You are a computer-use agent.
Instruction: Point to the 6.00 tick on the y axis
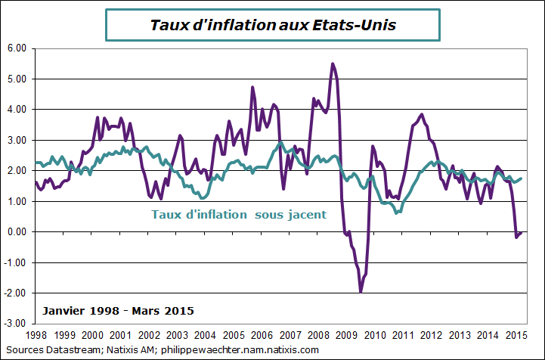[16, 48]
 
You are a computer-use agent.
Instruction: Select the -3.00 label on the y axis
[15, 324]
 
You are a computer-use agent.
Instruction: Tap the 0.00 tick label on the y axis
[16, 231]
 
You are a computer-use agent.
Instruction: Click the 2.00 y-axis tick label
[16, 170]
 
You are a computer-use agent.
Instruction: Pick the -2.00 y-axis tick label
[15, 293]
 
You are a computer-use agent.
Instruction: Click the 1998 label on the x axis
[36, 334]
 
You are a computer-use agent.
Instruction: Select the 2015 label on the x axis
[516, 334]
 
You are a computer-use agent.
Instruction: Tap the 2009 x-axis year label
[346, 334]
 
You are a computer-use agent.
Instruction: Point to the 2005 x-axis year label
[234, 334]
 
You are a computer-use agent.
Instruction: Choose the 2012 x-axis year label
[431, 334]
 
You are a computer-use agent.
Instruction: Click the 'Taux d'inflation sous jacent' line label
[239, 214]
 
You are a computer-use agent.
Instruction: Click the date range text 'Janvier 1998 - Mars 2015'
[119, 311]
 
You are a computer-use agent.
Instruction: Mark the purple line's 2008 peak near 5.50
[333, 64]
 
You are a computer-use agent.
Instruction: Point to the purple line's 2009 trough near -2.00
[361, 291]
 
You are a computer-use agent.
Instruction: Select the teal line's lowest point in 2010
[398, 213]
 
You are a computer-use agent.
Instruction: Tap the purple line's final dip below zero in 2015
[517, 237]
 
